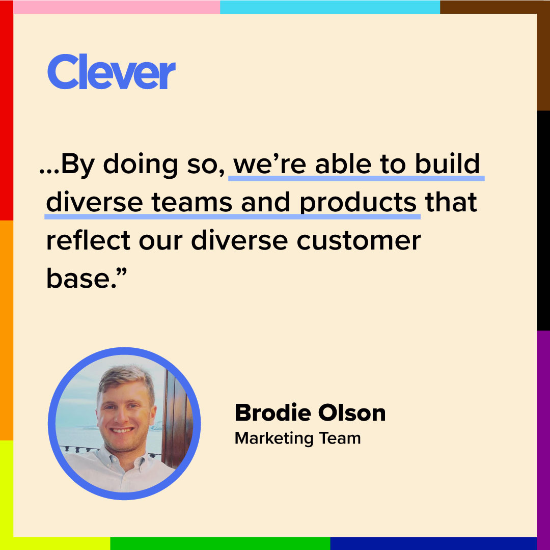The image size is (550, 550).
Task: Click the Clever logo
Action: tap(112, 72)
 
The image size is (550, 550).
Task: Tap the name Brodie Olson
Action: tap(310, 413)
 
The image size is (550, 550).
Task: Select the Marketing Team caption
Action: tap(297, 438)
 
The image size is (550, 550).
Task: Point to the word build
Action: tap(447, 164)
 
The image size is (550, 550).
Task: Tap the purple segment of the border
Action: tap(543, 438)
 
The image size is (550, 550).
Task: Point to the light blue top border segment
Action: tap(330, 7)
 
